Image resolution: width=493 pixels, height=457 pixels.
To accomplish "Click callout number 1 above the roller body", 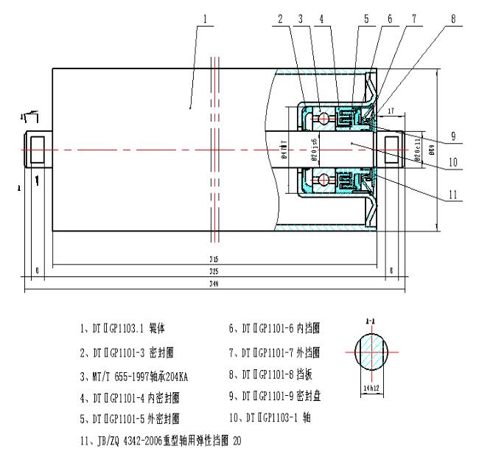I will coord(206,18).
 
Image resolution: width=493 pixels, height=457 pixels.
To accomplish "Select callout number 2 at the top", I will coord(280,18).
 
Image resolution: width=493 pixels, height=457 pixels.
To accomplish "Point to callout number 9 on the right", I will coord(456,134).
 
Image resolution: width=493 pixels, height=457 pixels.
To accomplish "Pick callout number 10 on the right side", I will coord(455,161).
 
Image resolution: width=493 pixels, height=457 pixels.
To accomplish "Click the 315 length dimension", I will coord(214,259).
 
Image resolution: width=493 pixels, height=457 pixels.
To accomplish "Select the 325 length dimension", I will coord(214,271).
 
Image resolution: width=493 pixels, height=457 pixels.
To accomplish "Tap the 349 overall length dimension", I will coord(214,284).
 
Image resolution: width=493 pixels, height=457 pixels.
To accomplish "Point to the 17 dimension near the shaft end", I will coord(391,111).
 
